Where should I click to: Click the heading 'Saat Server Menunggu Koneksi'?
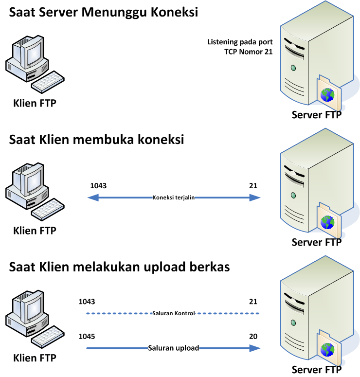click(104, 13)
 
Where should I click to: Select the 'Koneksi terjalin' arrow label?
click(174, 197)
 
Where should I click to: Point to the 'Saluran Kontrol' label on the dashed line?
click(173, 313)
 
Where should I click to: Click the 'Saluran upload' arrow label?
click(173, 348)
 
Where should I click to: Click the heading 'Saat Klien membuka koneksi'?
click(97, 140)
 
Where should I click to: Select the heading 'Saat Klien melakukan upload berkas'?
click(120, 267)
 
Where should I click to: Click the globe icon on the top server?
click(328, 94)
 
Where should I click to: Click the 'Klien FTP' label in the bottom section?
click(35, 359)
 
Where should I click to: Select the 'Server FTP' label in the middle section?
click(317, 242)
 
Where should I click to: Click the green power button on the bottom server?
click(293, 323)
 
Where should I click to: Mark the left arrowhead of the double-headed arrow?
click(93, 197)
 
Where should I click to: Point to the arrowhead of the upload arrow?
click(254, 348)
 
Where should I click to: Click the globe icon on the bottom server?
click(328, 349)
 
